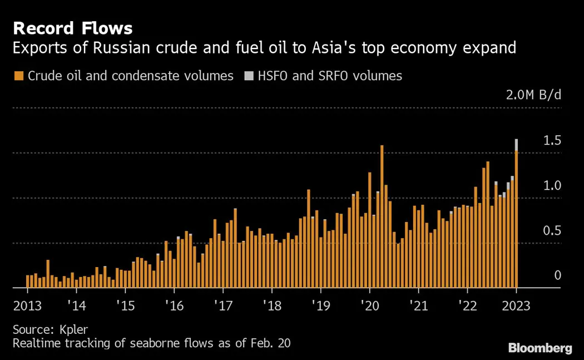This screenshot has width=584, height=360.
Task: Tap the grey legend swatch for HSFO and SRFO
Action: click(x=248, y=76)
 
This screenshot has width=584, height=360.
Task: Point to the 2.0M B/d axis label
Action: click(x=533, y=95)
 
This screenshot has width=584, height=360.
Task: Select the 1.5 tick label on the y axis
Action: click(x=552, y=140)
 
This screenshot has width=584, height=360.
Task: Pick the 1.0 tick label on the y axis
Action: click(x=552, y=185)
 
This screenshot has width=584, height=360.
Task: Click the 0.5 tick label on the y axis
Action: click(x=552, y=230)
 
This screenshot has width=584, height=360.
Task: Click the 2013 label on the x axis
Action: click(x=27, y=305)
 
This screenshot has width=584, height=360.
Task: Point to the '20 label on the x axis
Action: click(x=369, y=305)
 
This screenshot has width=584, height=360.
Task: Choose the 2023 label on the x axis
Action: click(x=516, y=305)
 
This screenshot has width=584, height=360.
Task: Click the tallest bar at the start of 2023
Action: click(x=517, y=223)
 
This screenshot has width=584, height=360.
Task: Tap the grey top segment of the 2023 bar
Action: click(x=517, y=145)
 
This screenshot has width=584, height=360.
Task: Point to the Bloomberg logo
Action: click(x=540, y=348)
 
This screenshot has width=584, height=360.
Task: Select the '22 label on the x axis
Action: click(x=467, y=305)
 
